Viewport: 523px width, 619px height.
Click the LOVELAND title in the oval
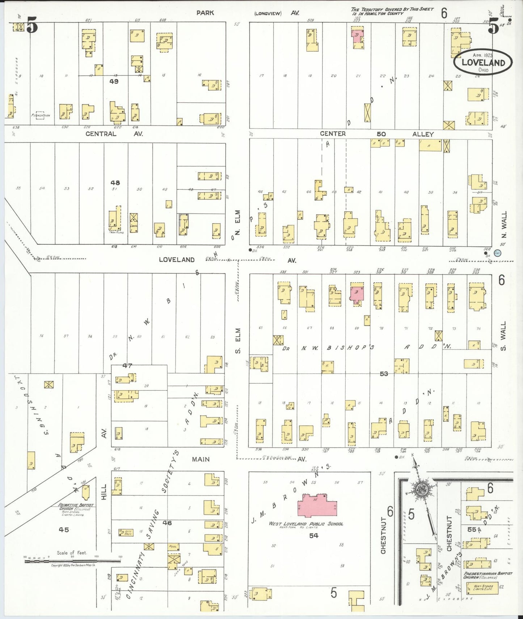click(483, 62)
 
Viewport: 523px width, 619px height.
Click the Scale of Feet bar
click(72, 561)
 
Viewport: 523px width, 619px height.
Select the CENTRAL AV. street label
click(114, 134)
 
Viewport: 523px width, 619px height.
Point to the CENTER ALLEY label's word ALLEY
click(423, 134)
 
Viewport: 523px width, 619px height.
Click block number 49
click(114, 81)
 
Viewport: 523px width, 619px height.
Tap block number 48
click(115, 183)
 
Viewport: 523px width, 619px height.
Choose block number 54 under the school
click(313, 535)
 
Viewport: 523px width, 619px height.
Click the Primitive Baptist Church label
click(76, 505)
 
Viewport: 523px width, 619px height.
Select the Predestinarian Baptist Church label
click(488, 575)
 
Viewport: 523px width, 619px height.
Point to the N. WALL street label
click(504, 224)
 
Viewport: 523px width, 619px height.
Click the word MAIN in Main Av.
click(201, 459)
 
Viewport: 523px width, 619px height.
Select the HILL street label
click(104, 492)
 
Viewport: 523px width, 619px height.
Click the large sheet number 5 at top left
click(32, 26)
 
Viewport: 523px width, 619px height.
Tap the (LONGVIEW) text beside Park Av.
click(267, 13)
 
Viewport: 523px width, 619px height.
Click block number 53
click(384, 374)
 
